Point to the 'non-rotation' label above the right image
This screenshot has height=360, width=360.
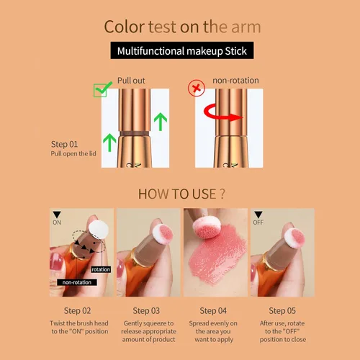[235, 81]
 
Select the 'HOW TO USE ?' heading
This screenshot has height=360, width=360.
[179, 194]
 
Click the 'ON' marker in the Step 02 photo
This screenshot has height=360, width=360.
[58, 222]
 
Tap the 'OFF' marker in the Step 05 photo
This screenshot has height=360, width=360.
[258, 222]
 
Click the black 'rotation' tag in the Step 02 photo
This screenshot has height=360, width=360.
[101, 269]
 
